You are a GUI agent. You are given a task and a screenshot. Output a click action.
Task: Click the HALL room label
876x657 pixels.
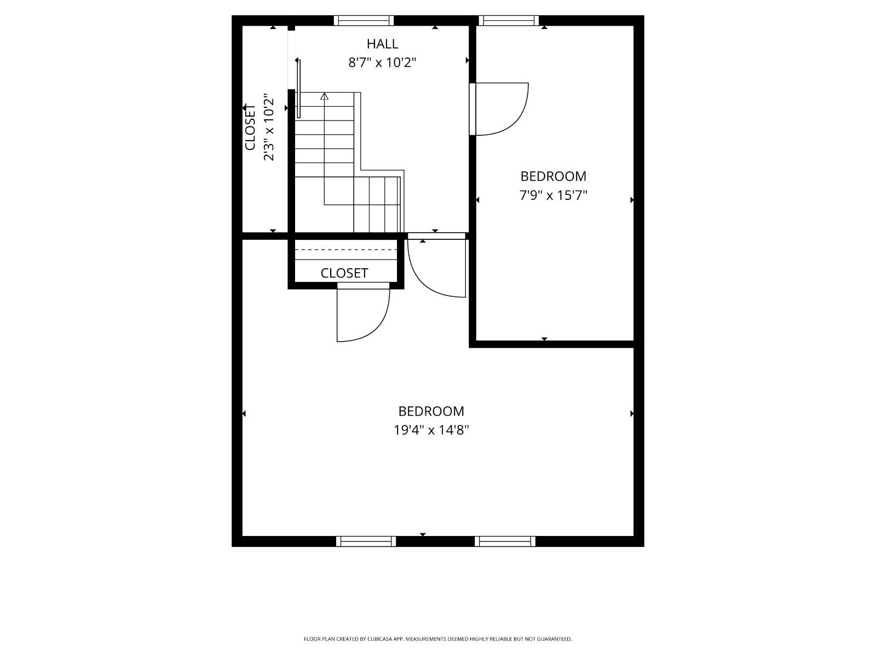pos(382,44)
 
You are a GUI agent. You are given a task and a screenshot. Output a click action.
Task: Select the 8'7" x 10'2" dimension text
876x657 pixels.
pos(382,62)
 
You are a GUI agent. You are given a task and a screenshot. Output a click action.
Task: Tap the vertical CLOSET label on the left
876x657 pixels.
pos(250,127)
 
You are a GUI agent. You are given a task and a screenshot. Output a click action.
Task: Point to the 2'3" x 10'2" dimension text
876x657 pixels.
pos(269,127)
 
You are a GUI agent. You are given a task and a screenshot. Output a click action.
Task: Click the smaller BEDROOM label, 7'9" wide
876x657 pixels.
pos(553,176)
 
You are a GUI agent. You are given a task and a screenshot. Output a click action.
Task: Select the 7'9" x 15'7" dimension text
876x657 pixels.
pos(553,195)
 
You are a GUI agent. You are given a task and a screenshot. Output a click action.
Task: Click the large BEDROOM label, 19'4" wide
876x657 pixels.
pos(431,411)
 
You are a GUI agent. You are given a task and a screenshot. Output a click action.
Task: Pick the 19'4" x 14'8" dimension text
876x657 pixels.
pos(431,430)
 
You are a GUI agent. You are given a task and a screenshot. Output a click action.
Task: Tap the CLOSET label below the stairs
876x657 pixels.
pos(344,273)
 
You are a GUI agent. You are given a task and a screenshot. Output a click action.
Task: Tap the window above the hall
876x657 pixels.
pos(364,20)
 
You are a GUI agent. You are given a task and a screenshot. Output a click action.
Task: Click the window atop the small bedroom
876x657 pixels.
pos(509,20)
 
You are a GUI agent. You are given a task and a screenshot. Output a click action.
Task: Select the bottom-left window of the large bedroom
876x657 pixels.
pos(366,541)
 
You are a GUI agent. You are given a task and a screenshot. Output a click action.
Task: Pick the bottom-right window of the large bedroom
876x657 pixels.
pos(505,541)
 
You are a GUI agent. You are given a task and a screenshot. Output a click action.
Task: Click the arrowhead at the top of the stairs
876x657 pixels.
pos(324,96)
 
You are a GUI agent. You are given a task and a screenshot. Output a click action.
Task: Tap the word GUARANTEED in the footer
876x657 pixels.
pos(554,639)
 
